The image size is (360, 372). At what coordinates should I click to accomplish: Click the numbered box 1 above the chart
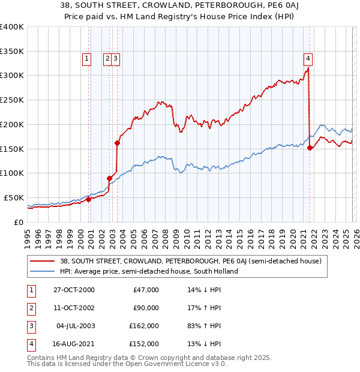86,59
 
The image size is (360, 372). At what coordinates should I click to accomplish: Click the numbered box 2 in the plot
107,59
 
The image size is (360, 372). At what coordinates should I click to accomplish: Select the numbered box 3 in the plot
114,59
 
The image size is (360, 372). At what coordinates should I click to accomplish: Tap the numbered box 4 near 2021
307,59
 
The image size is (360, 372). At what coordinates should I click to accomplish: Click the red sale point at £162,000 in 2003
117,143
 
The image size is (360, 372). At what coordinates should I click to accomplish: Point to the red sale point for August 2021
310,148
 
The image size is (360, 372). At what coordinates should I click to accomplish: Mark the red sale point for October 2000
89,199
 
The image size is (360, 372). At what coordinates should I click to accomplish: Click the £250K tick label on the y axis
12,100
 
